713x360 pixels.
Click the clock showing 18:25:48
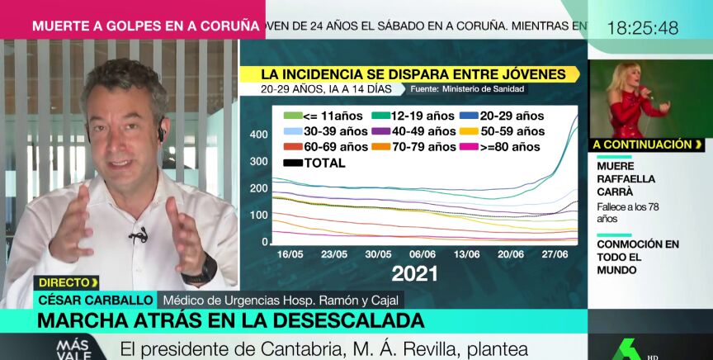[642, 28]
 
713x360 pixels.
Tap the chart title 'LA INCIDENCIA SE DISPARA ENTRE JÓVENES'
[413, 74]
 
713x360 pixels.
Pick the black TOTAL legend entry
[314, 163]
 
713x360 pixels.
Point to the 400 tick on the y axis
[258, 135]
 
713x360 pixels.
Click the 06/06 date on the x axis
[423, 254]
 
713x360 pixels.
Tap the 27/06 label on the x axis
[555, 254]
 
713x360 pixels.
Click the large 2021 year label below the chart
[414, 274]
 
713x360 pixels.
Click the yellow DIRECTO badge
[67, 282]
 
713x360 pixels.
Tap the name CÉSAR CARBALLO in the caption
[92, 299]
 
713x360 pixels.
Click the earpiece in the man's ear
[162, 130]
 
